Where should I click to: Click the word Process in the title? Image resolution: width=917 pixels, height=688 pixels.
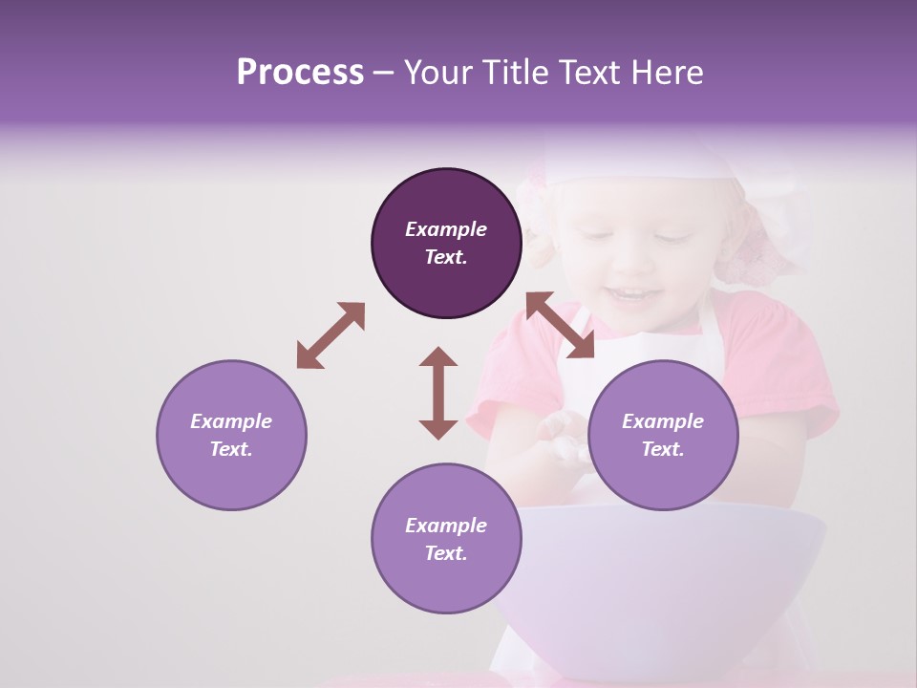tap(300, 73)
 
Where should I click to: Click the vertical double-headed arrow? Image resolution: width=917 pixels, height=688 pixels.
tap(438, 393)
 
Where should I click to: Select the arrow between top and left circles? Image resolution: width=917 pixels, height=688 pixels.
tap(331, 335)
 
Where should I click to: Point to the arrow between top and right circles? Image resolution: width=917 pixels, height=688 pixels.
tap(560, 325)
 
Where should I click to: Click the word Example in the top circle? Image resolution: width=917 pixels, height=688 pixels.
tap(446, 229)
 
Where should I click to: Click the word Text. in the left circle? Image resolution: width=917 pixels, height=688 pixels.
tap(231, 449)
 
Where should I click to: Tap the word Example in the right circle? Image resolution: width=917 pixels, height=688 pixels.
tap(663, 421)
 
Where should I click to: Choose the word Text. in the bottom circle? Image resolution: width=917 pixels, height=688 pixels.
tap(446, 553)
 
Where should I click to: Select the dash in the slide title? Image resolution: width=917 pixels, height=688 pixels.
tap(384, 73)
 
